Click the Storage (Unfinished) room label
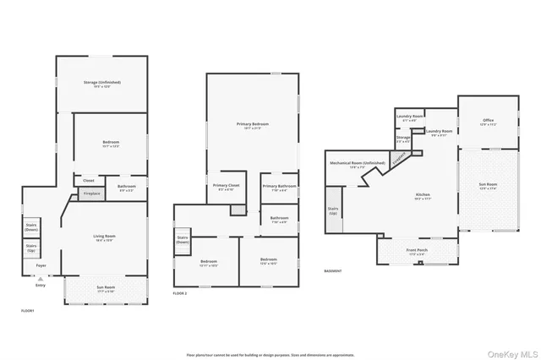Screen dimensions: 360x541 point(102,83)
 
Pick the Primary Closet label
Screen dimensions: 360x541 point(224,186)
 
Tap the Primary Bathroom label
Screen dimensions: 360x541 point(279,187)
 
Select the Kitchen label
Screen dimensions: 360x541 point(423,195)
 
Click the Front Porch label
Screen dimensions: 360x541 point(418,250)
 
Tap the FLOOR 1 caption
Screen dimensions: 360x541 point(28,311)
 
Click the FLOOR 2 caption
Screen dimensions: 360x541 point(179,292)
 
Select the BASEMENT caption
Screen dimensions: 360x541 point(333,271)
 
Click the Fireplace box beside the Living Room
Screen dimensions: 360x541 point(90,194)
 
